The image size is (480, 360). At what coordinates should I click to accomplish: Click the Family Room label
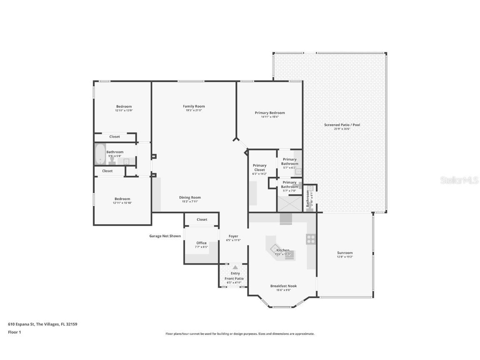[x=194, y=106]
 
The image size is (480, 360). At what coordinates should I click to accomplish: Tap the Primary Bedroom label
[x=270, y=113]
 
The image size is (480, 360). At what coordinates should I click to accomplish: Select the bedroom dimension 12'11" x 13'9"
[x=123, y=111]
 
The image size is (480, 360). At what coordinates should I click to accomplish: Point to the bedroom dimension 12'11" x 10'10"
[x=122, y=203]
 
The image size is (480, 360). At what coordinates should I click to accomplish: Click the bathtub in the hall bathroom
[x=100, y=155]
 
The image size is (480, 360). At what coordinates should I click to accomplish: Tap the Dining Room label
[x=190, y=197]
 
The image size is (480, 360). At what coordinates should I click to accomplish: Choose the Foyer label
[x=233, y=236]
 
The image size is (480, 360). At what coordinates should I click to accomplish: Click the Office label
[x=201, y=243]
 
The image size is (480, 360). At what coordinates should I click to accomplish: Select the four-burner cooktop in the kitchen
[x=311, y=239]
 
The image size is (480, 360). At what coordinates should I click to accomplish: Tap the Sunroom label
[x=345, y=253]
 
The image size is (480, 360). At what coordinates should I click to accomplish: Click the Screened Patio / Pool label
[x=342, y=125]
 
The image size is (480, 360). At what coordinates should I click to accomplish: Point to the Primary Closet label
[x=260, y=167]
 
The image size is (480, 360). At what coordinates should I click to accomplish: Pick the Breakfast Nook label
[x=283, y=286]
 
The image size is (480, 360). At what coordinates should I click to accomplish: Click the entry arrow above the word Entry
[x=235, y=267]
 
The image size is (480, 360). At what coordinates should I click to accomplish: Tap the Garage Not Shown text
[x=165, y=236]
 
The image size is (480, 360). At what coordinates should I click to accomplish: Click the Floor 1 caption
[x=14, y=332]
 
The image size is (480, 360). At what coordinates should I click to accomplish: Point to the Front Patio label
[x=234, y=278]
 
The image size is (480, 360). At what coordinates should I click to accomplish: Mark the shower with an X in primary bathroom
[x=288, y=204]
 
